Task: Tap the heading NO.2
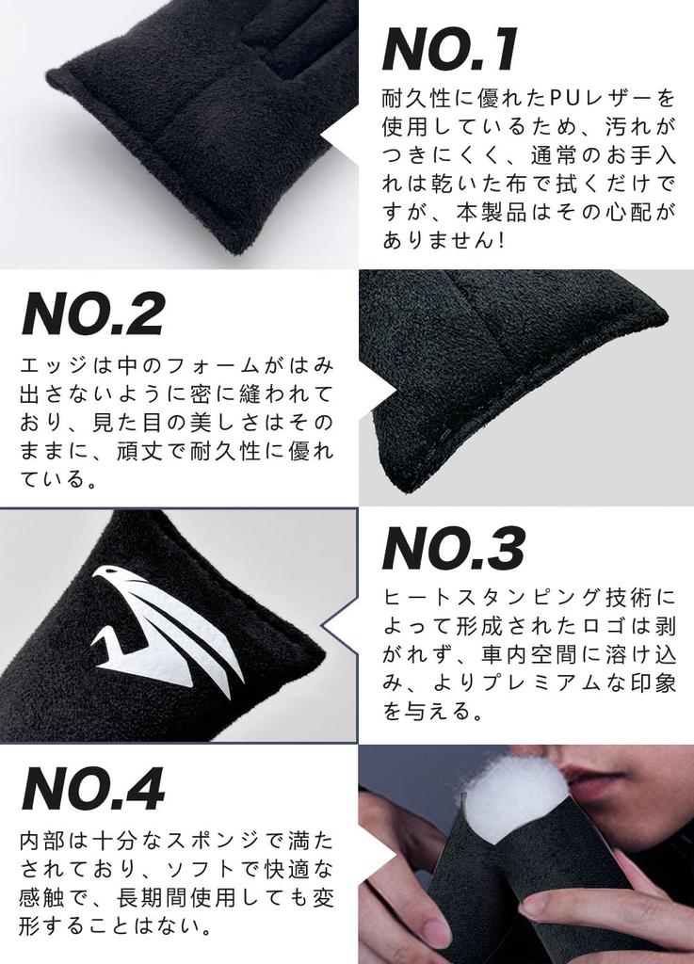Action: [92, 314]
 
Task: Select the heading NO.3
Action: [453, 549]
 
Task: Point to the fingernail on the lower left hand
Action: [436, 932]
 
